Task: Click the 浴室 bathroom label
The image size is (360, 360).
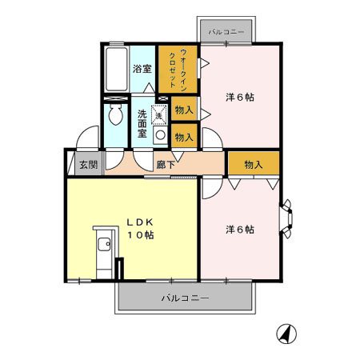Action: tap(142, 70)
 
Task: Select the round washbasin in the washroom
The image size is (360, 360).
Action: tap(159, 135)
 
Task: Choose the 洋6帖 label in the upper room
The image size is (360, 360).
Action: tap(239, 98)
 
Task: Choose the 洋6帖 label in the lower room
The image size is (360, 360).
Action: tap(239, 230)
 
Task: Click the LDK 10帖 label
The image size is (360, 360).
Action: tap(137, 228)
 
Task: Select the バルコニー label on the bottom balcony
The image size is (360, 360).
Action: tap(184, 298)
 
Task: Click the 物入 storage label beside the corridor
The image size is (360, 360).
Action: tap(253, 165)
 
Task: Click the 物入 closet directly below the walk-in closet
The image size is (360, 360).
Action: tap(183, 110)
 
